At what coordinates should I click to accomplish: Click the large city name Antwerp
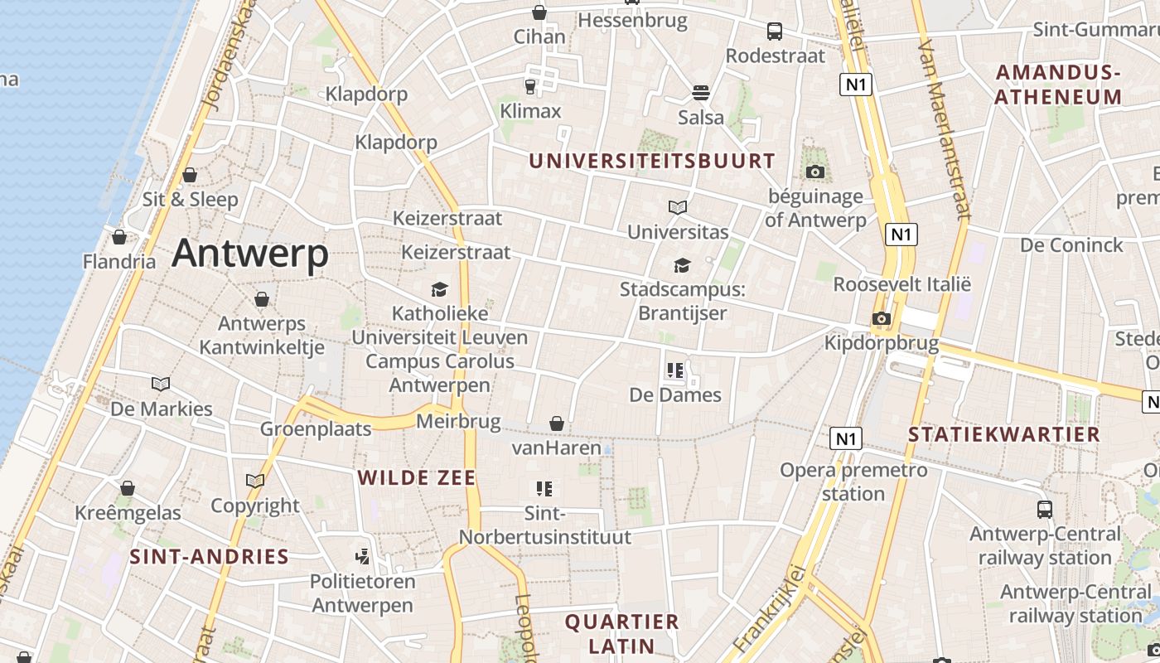click(250, 254)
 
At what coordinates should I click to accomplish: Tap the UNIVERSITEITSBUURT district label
click(652, 161)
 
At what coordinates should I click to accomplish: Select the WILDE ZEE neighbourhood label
click(417, 477)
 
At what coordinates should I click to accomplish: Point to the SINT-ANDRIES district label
click(209, 557)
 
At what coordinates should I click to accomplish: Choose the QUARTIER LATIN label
click(621, 633)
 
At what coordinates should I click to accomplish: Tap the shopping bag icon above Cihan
click(539, 12)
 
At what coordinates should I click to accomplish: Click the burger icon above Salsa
click(701, 91)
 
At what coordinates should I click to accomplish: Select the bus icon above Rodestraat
click(775, 31)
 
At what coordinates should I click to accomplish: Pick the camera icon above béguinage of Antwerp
click(815, 172)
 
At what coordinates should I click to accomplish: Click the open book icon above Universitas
click(678, 207)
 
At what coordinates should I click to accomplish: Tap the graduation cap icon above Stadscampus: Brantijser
click(682, 265)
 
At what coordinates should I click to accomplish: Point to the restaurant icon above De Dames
click(675, 370)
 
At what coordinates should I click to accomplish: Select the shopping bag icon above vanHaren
click(557, 423)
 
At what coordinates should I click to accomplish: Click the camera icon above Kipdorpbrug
click(882, 318)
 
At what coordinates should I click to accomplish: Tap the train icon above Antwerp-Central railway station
click(1045, 509)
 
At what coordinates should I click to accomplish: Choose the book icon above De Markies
click(161, 384)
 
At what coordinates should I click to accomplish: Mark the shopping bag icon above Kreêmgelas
click(128, 488)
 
